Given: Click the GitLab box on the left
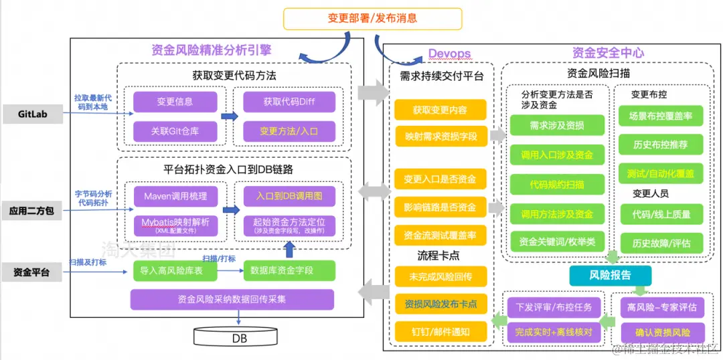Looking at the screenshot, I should (31, 114).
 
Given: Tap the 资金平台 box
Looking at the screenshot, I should (31, 272).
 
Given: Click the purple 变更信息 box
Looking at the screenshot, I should (175, 102).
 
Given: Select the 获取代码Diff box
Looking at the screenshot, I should (289, 102).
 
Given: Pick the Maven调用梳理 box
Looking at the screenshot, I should (175, 197).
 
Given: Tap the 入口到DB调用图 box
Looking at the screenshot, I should (289, 197).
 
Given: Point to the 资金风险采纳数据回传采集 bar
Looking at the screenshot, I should (232, 299).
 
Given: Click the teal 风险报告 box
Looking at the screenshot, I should (609, 275).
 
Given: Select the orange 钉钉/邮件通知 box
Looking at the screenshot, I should (440, 331).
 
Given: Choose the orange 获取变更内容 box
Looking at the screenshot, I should (440, 110).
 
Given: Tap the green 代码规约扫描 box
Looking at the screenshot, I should (557, 184).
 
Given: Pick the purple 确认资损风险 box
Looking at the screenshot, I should (661, 332).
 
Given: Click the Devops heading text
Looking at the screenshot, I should (449, 54).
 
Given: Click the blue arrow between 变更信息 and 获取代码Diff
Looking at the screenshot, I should (230, 116).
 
